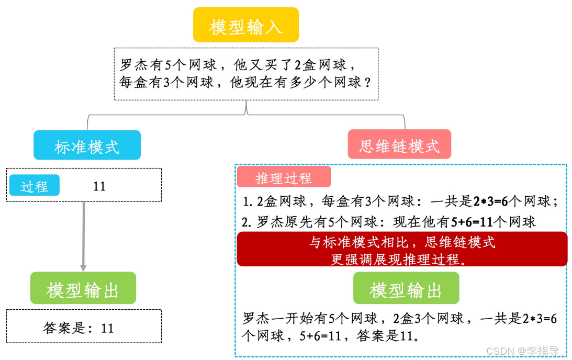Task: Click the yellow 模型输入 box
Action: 245,25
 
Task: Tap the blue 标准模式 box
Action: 87,145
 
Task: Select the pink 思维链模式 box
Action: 399,145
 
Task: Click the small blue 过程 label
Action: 35,186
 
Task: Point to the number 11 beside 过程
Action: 99,186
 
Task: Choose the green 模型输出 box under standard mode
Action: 83,288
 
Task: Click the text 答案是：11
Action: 78,328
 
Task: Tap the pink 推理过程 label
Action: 284,178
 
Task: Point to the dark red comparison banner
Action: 402,249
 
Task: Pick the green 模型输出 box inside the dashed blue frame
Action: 406,288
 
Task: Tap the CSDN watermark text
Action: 523,351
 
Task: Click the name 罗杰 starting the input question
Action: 134,65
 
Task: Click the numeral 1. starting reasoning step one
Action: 248,201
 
